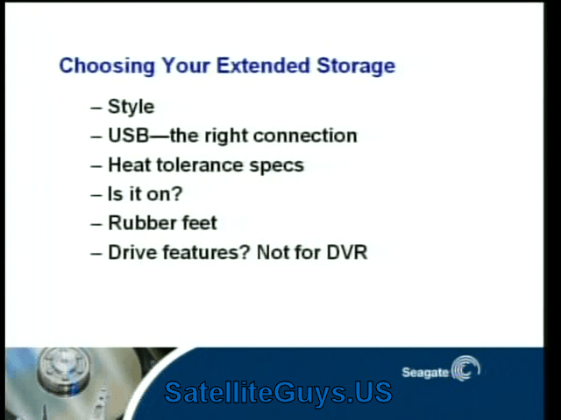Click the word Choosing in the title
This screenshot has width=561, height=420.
[107, 66]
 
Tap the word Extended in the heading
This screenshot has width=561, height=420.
[263, 66]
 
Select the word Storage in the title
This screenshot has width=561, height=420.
[356, 66]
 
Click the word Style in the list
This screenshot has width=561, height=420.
[131, 107]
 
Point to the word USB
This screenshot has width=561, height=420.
[129, 136]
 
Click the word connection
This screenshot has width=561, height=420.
[305, 136]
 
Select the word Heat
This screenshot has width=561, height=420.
[130, 165]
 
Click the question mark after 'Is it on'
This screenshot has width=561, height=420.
[177, 194]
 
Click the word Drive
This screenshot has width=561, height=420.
[132, 253]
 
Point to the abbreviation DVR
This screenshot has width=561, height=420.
[347, 253]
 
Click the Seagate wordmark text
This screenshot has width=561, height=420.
[425, 373]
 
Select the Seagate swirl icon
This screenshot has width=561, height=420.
[465, 368]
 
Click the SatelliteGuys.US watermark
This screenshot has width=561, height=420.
[278, 393]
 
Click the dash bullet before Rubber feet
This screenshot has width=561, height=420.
[96, 224]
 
